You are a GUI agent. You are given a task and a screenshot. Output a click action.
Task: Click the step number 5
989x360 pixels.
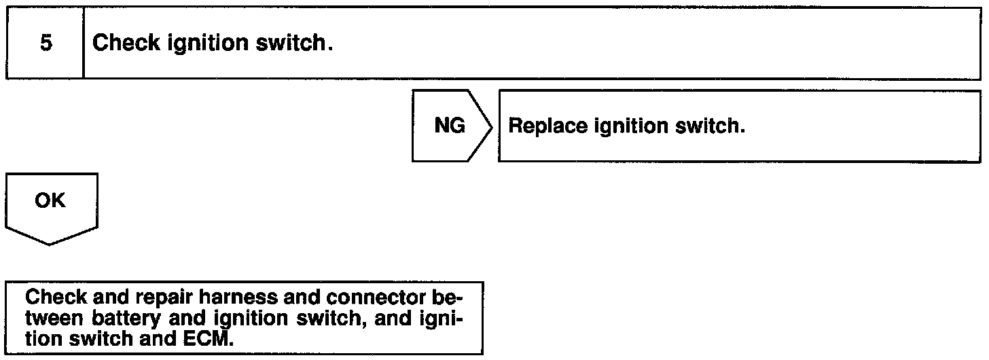pyautogui.click(x=46, y=43)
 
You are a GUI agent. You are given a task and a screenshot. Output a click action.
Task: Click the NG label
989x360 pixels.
pyautogui.click(x=449, y=126)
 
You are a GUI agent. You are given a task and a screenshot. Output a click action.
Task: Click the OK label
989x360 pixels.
pyautogui.click(x=50, y=201)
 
